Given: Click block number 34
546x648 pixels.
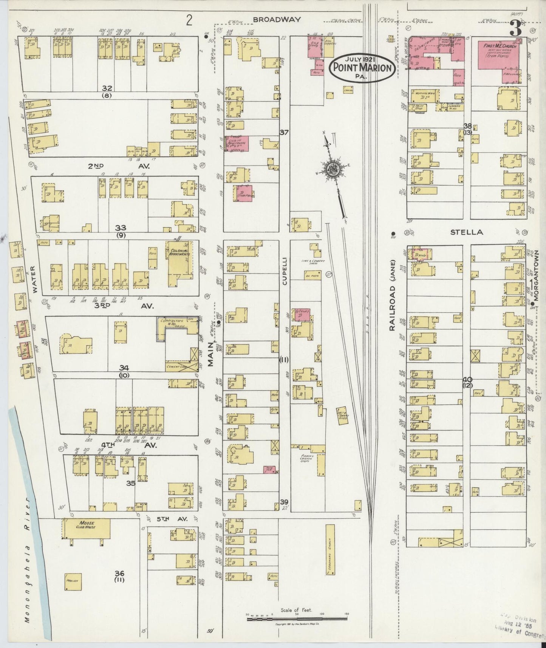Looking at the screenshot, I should [124, 367].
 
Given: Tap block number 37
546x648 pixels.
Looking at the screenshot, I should [284, 132].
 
